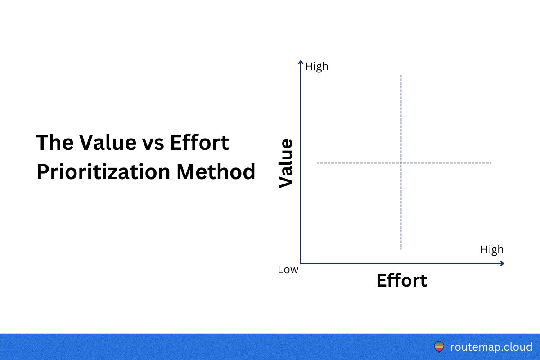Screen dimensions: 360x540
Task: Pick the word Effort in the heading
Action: coord(200,143)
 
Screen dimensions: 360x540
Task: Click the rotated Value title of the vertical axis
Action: coord(286,163)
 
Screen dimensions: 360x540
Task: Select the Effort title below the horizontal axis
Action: coord(401,280)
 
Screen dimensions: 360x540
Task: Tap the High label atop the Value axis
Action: coord(317,67)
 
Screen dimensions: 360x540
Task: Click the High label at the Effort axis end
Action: coord(492,250)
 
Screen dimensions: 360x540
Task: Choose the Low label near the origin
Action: coord(288,270)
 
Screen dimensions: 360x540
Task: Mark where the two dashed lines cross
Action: coord(400,162)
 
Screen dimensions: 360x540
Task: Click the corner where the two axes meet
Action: coord(301,263)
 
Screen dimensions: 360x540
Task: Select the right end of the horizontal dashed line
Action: coord(491,162)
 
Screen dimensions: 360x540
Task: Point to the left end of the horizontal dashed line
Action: coord(318,162)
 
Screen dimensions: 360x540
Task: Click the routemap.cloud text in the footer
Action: coord(491,347)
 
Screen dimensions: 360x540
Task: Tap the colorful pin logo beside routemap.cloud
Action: coord(439,347)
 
